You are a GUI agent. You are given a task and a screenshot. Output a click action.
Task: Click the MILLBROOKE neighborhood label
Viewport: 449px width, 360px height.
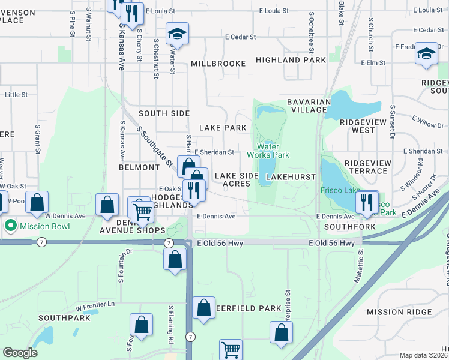click(x=218, y=64)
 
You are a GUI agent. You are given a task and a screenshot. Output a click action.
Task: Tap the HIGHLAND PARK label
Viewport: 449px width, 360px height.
click(x=291, y=60)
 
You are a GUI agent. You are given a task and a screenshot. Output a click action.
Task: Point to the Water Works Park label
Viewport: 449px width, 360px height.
click(x=273, y=151)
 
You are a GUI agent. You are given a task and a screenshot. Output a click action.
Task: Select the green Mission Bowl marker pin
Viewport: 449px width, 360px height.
click(x=10, y=226)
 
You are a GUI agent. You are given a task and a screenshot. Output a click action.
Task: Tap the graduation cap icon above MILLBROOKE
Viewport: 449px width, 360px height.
click(x=178, y=34)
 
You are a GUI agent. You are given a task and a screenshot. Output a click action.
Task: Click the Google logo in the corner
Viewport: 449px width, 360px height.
click(x=20, y=353)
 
